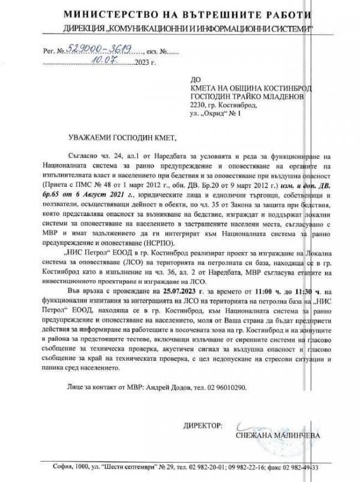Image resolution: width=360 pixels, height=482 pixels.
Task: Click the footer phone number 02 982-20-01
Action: tap(235, 467)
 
